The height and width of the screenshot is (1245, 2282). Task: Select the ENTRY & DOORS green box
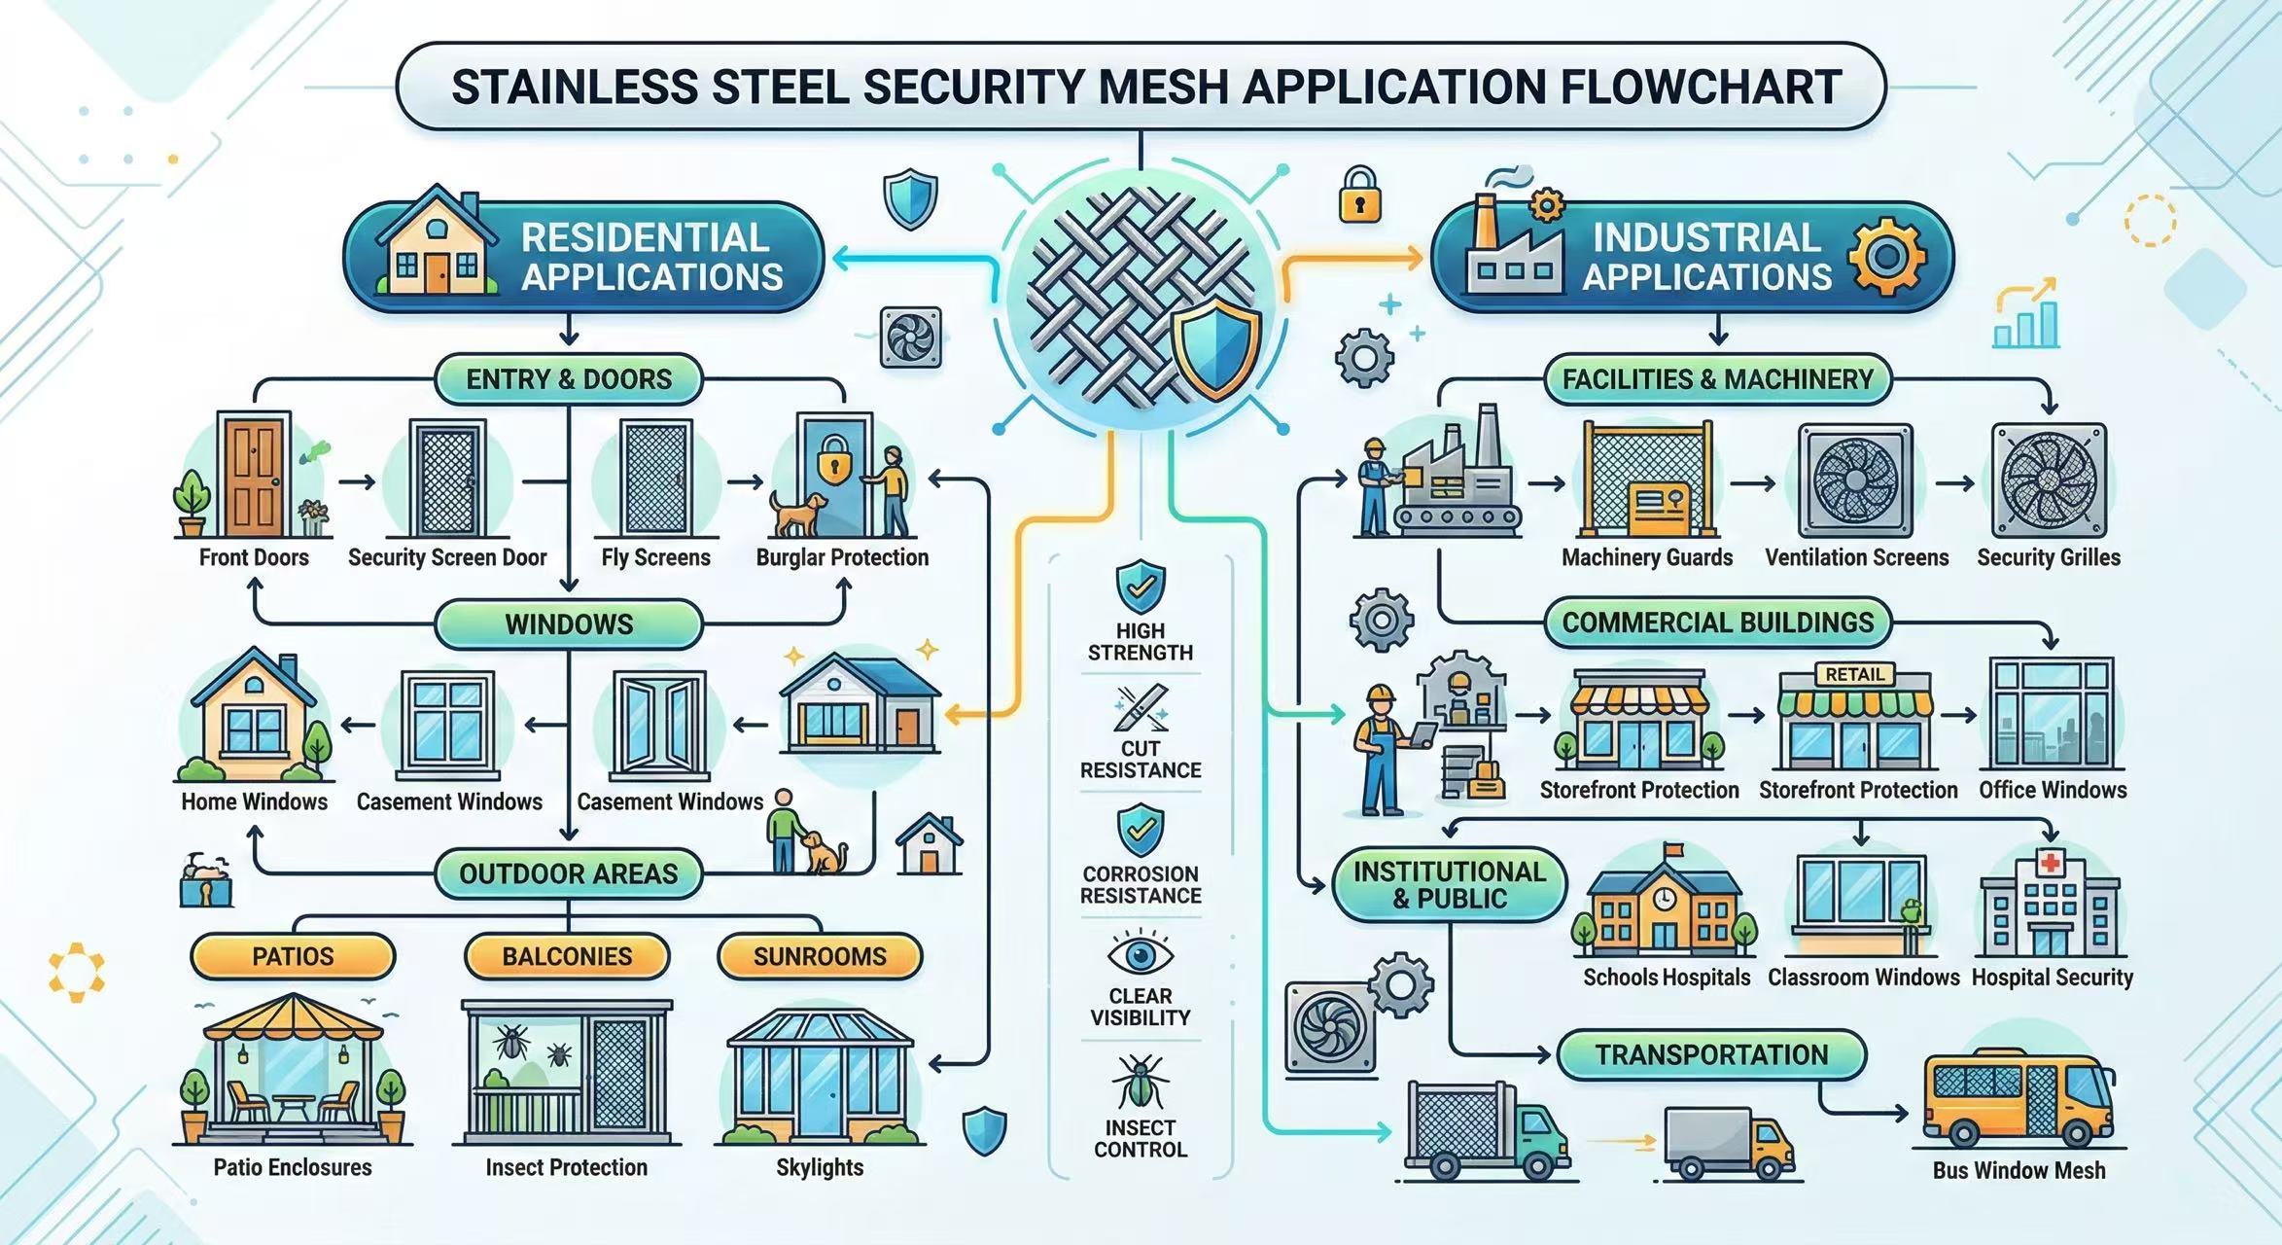click(x=569, y=379)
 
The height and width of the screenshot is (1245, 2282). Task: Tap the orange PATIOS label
click(x=293, y=956)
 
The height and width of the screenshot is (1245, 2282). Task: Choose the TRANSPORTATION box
click(x=1711, y=1054)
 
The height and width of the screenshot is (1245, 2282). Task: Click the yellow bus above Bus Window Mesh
click(x=2019, y=1099)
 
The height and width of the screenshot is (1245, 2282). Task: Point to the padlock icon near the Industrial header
click(x=1359, y=196)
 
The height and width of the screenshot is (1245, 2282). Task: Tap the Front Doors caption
click(x=254, y=557)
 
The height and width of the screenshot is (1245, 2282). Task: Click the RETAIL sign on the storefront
click(x=1854, y=674)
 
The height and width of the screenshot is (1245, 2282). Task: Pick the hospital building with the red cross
click(x=2050, y=905)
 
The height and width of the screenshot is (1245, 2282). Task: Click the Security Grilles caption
click(x=2048, y=557)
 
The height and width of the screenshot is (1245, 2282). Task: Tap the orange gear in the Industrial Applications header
click(x=1887, y=256)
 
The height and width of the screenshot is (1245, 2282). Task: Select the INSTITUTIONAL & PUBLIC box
click(x=1449, y=884)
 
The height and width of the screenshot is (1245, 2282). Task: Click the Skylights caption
click(x=820, y=1167)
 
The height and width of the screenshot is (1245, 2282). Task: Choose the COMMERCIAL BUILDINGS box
click(x=1717, y=622)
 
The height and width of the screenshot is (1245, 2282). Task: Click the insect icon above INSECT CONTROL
click(x=1140, y=1083)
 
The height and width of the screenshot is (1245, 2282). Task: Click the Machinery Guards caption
click(x=1647, y=557)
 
